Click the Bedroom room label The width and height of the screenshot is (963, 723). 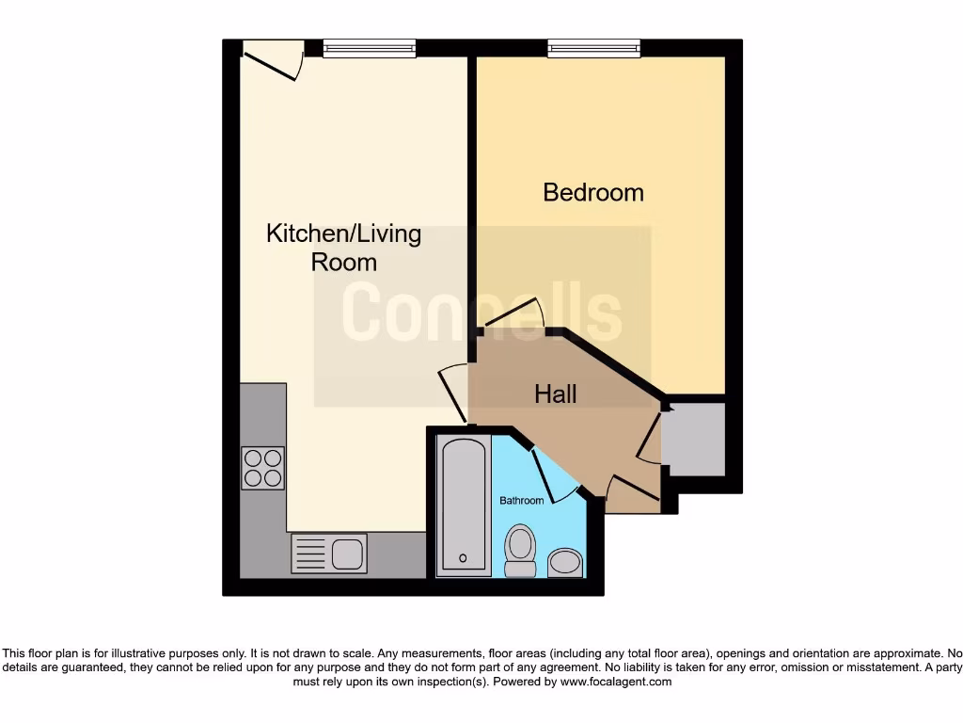point(593,193)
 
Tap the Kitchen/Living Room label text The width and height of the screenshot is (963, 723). point(343,248)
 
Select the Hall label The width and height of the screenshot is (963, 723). point(556,394)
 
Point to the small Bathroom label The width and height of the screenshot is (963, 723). point(521,501)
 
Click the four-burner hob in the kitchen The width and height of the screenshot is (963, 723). point(262,468)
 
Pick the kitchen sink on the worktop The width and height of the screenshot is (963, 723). point(329,552)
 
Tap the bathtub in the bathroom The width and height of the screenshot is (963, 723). point(464,506)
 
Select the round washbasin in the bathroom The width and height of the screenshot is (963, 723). point(564,563)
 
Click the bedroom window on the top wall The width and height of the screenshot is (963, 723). point(594,48)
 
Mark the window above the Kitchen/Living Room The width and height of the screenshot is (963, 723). point(369,48)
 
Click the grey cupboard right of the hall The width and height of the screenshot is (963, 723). point(694,440)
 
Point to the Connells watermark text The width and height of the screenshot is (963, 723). point(481,313)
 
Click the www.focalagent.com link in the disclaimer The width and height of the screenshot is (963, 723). point(616,682)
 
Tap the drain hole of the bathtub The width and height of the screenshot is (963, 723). point(463,558)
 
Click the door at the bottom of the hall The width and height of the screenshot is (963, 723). point(632,488)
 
